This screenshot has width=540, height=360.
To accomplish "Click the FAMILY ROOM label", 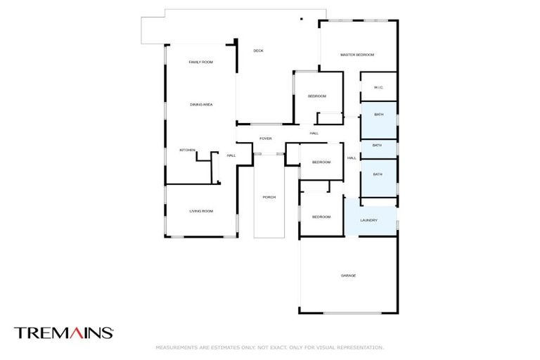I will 200,63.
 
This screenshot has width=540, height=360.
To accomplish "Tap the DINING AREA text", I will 201,105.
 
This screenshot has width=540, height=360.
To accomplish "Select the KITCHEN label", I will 187,150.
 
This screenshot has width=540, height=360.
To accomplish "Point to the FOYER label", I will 266,139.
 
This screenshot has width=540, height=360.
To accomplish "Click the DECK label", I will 259,50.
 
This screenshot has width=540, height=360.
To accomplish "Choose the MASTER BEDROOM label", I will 357,55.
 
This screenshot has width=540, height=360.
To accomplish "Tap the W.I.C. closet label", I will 378,87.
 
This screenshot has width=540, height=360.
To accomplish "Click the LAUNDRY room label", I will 369,220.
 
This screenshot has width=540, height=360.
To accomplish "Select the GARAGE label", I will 348,276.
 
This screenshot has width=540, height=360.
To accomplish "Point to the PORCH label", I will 269,198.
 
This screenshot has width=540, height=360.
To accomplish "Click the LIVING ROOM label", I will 201,211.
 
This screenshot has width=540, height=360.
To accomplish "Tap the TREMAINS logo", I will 63,333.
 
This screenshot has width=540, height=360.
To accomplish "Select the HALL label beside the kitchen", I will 231,155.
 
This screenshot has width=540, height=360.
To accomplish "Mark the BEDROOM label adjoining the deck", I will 316,96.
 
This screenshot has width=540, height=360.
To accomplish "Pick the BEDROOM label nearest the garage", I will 321,217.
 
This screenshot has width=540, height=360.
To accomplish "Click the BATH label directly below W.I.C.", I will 378,115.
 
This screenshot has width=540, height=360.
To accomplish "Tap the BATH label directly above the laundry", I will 378,174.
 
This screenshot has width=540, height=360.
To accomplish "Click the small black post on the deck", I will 301,19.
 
